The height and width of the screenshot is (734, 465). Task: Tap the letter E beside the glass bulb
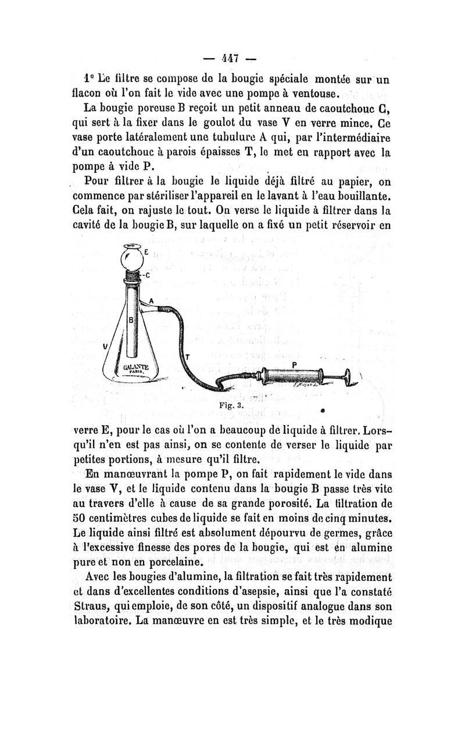pos(146,252)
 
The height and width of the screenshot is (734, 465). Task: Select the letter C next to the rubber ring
pos(148,275)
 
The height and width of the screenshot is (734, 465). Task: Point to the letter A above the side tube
pos(151,301)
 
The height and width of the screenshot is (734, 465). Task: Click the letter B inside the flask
pos(131,320)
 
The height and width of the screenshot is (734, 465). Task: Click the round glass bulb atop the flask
pos(133,256)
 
